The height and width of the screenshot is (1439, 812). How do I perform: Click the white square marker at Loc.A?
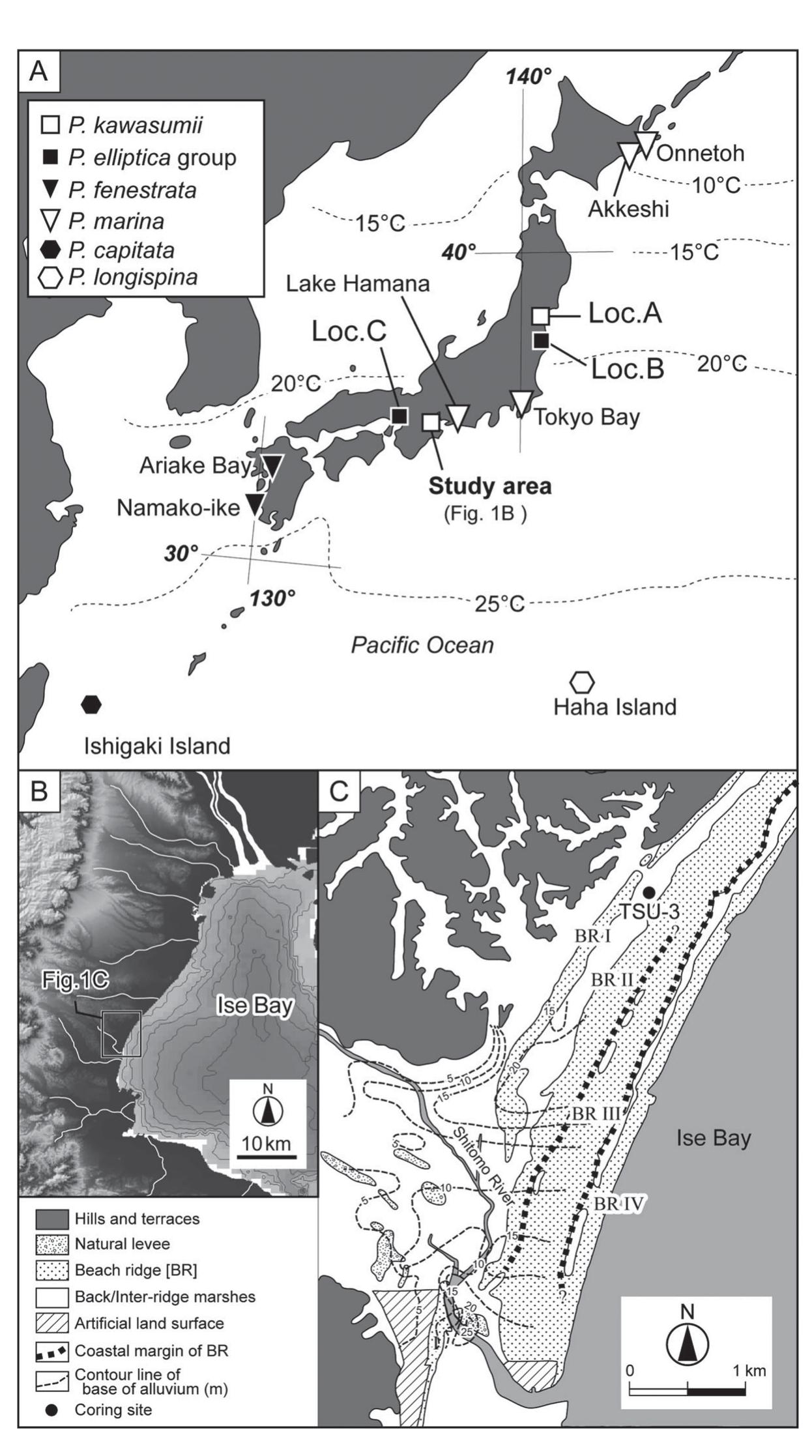tap(540, 315)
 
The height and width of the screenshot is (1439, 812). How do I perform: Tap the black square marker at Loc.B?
tap(540, 340)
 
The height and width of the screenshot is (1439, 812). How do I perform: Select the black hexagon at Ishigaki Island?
tap(92, 704)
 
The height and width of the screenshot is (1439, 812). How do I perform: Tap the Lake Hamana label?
tap(357, 284)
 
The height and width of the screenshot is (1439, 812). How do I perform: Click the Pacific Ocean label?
tap(422, 645)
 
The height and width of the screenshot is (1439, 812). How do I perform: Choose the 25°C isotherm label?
tap(499, 604)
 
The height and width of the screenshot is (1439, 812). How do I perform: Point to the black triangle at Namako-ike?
tap(254, 503)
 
